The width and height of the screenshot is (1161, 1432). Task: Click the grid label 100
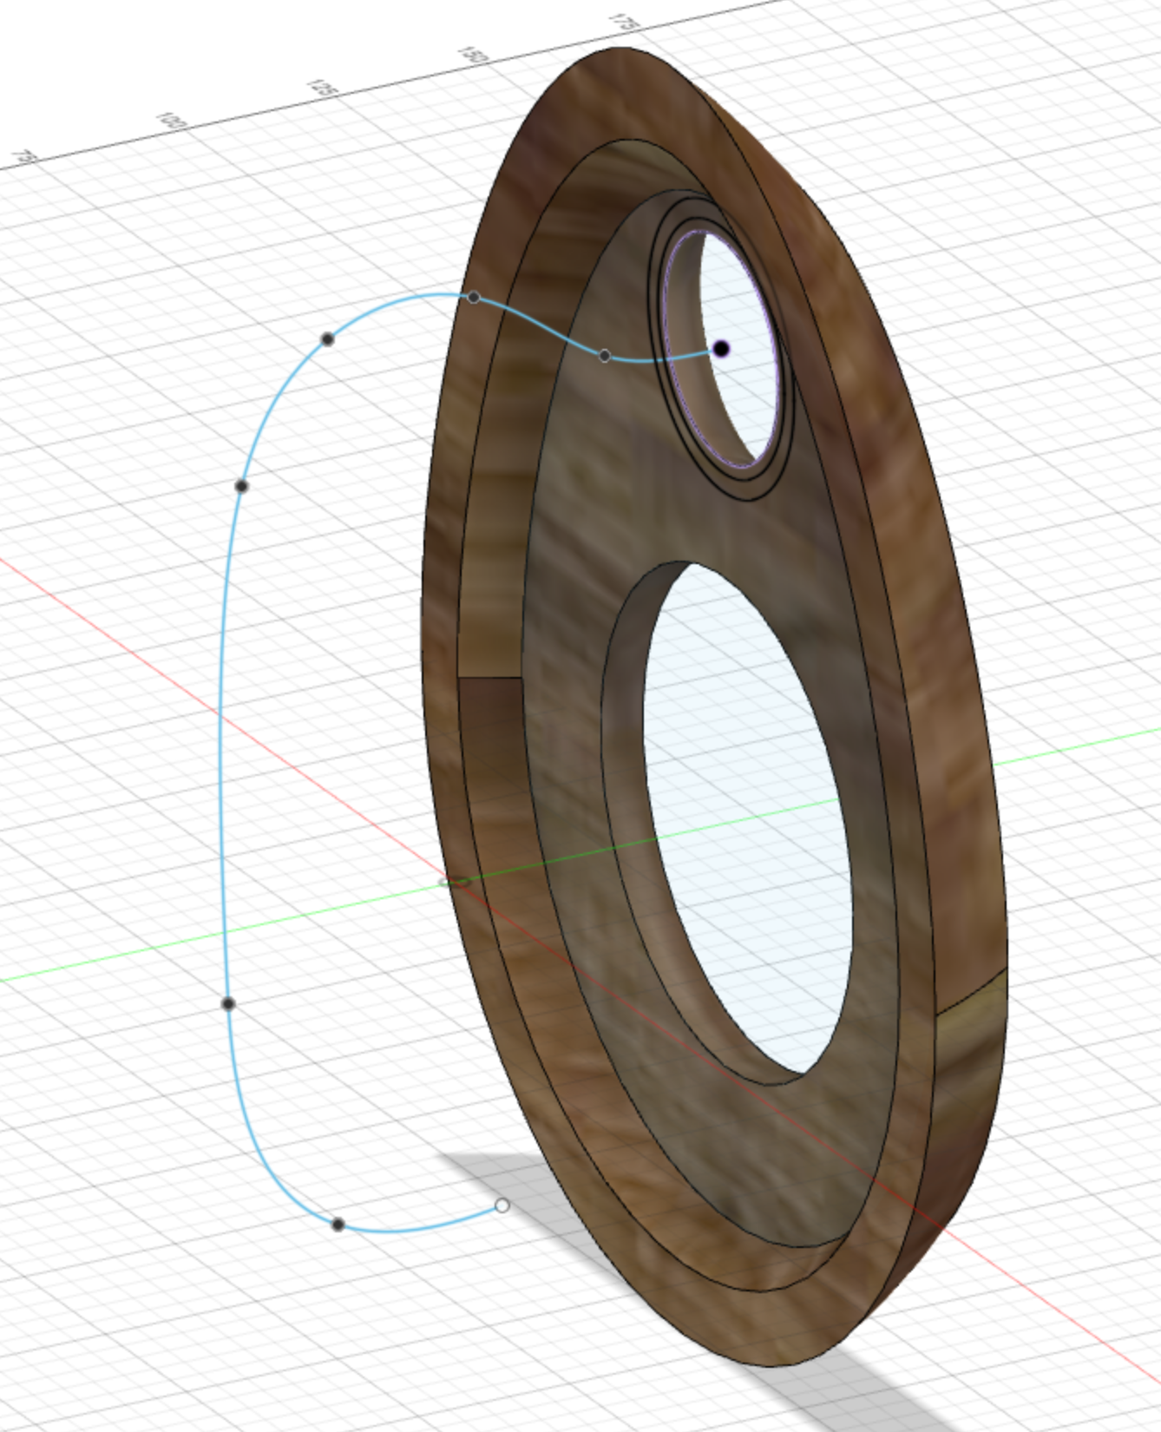click(x=172, y=121)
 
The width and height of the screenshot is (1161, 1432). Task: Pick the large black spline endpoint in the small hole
click(x=721, y=349)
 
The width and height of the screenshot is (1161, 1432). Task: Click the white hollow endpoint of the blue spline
click(x=502, y=1205)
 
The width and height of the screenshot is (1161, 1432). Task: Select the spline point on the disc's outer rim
click(x=474, y=298)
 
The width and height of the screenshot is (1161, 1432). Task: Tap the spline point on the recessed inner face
click(x=605, y=356)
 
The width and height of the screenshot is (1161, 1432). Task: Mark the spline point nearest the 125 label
click(x=327, y=338)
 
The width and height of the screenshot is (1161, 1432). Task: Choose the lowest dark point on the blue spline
click(x=338, y=1225)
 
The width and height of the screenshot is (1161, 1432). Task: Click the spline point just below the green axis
click(x=228, y=1004)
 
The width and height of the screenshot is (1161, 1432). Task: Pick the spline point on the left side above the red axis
click(x=241, y=486)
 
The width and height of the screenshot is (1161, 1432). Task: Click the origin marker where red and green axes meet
click(x=455, y=883)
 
